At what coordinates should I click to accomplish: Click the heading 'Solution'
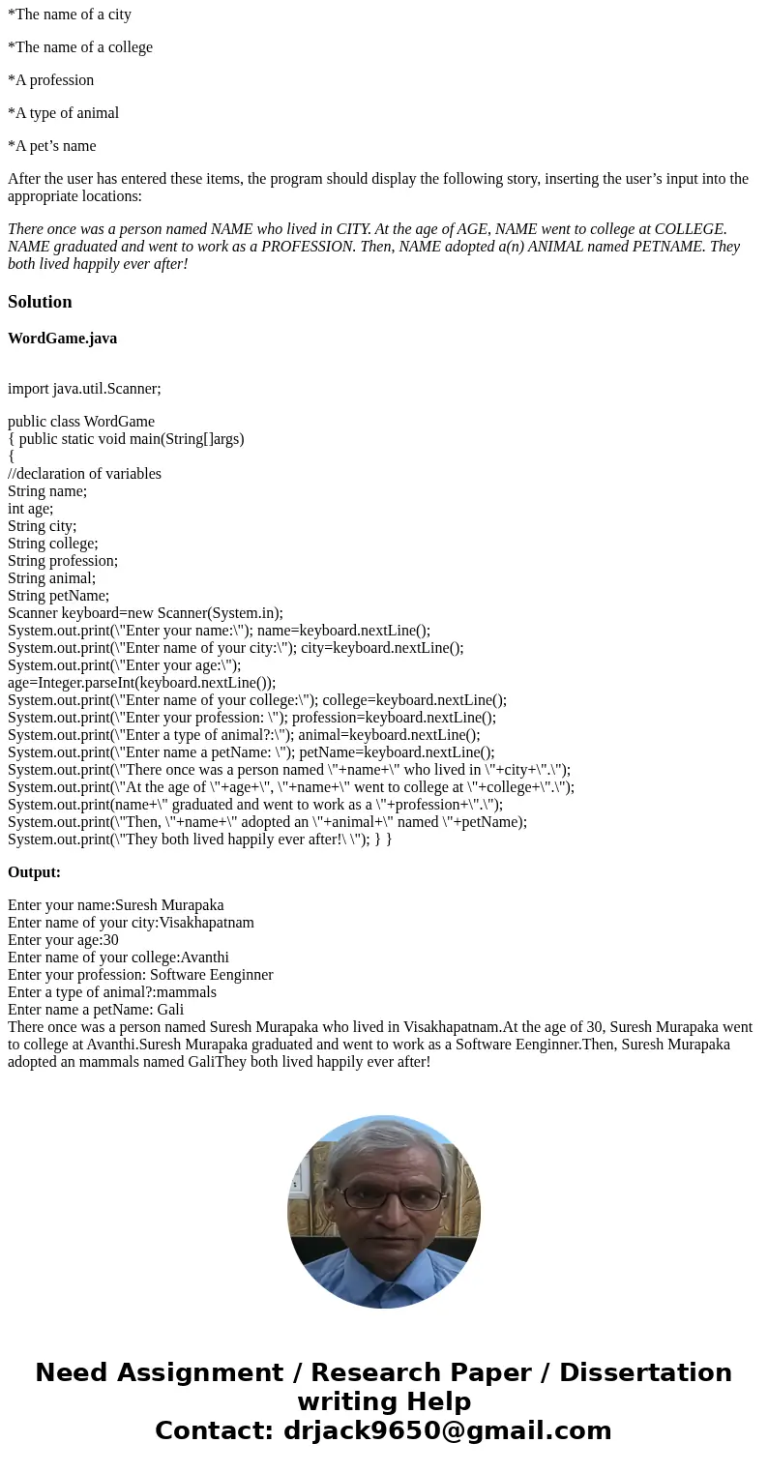(x=40, y=302)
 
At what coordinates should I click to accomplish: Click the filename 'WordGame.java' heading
(x=62, y=339)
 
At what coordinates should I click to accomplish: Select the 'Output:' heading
(x=34, y=872)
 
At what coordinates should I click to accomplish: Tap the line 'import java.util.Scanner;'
(x=84, y=389)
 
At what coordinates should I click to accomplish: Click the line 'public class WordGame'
(x=81, y=422)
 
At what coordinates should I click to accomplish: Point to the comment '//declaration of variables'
(x=84, y=474)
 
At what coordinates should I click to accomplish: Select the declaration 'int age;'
(x=31, y=509)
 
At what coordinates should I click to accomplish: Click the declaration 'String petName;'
(x=58, y=596)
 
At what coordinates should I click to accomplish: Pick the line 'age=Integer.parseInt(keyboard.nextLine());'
(x=141, y=683)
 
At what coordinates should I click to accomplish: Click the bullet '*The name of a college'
(x=80, y=47)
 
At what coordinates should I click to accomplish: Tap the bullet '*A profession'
(x=51, y=80)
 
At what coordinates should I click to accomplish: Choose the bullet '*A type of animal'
(x=64, y=113)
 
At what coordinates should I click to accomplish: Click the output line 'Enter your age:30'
(x=63, y=940)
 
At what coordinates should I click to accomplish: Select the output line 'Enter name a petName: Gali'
(x=96, y=1010)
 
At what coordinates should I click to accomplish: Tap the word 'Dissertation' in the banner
(x=645, y=1373)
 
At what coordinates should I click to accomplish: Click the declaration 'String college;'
(x=53, y=544)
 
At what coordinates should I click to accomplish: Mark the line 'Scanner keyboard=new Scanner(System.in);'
(x=145, y=613)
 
